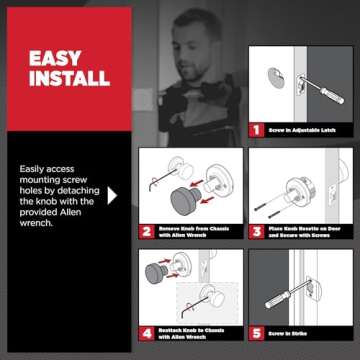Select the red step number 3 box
256,229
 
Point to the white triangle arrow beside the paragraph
113,195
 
